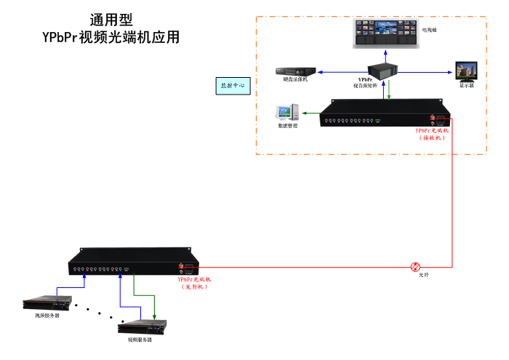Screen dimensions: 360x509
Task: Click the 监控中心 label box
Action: coord(233,85)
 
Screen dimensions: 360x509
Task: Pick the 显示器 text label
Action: coord(466,85)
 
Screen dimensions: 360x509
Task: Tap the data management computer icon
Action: coord(284,113)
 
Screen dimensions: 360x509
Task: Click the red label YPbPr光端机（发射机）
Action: coord(194,283)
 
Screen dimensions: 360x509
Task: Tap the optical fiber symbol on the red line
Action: coord(415,266)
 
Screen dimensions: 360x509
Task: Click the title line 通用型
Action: coord(111,21)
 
